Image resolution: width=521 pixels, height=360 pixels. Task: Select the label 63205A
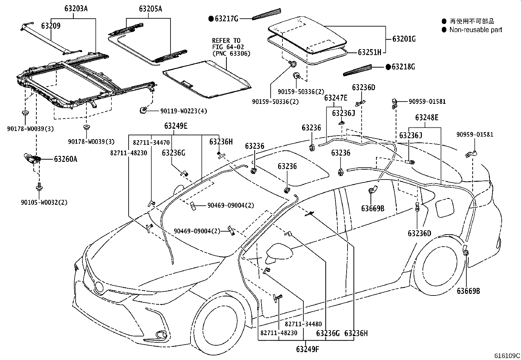pos(151,9)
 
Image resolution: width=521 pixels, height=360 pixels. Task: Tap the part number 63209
pos(50,26)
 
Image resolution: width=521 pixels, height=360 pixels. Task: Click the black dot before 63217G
pos(211,19)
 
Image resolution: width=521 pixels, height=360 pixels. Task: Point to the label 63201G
pos(404,39)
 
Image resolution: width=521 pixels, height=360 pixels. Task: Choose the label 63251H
pos(369,52)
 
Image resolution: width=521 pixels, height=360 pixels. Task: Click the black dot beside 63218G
pos(388,67)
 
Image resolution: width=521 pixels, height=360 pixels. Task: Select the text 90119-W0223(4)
pos(184,111)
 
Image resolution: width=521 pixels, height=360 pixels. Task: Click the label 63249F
pos(307,349)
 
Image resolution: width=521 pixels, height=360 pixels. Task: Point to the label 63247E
pos(336,98)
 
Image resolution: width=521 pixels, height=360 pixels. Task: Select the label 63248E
pos(427,117)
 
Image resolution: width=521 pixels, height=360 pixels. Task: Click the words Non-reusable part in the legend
pos(476,30)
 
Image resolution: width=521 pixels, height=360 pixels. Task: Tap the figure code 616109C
pos(507,356)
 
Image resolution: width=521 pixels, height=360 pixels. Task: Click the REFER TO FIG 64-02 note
pos(231,47)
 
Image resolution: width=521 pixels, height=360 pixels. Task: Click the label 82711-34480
pos(303,324)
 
